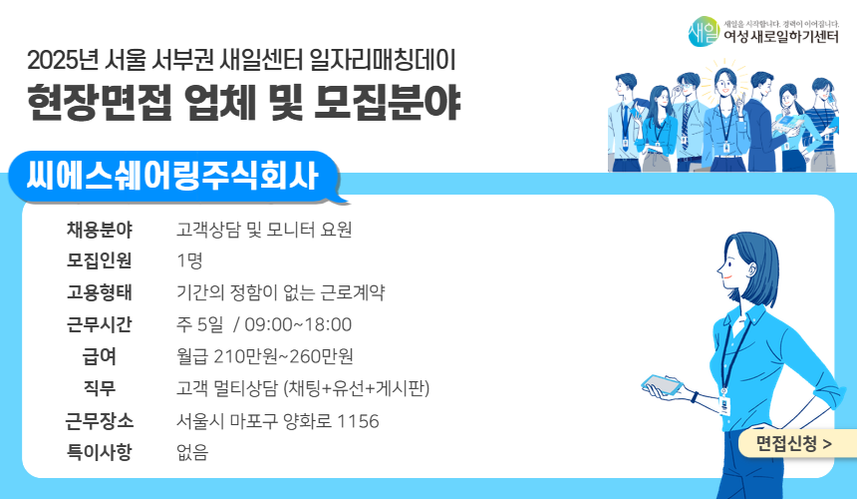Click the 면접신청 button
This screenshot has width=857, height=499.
tap(793, 442)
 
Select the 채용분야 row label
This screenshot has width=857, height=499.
tap(100, 230)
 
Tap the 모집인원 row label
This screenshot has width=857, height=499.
tap(100, 261)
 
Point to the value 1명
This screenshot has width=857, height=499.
tap(189, 261)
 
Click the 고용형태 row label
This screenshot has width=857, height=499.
tap(100, 293)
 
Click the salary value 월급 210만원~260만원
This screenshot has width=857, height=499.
tap(264, 357)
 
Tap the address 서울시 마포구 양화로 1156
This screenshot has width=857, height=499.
tap(277, 421)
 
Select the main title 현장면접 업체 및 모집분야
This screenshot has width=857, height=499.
tap(244, 103)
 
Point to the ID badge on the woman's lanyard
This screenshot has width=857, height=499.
tap(724, 404)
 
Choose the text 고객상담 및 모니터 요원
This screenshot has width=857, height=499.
tap(264, 230)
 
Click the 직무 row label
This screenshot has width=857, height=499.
tap(100, 389)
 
